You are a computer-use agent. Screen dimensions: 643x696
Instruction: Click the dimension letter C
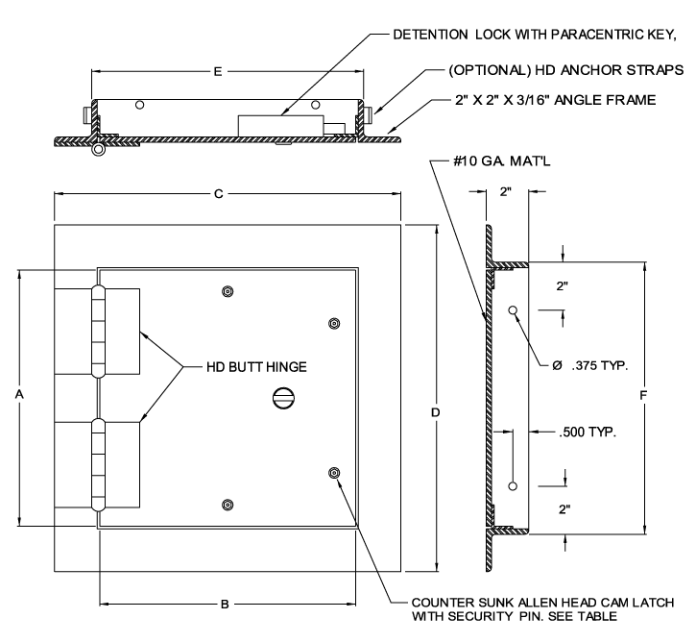click(x=219, y=194)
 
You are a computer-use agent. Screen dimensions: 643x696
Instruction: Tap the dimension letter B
click(x=224, y=605)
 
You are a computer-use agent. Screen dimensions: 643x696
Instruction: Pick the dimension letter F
click(x=642, y=394)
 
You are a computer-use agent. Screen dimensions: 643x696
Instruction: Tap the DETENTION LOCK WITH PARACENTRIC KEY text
click(x=522, y=36)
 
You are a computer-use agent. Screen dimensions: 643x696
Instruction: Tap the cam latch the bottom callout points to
click(x=334, y=472)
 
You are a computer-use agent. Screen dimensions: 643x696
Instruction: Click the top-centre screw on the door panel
click(x=228, y=291)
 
